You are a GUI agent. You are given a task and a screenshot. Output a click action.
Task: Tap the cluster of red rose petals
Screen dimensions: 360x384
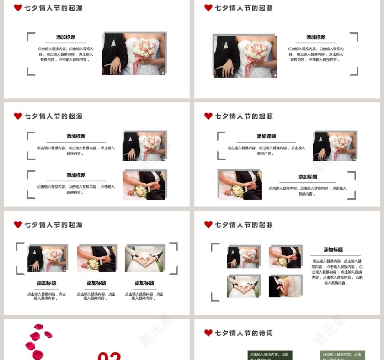tap(37, 340)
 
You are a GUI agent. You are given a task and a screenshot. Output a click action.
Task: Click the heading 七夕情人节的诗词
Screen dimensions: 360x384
tap(243, 333)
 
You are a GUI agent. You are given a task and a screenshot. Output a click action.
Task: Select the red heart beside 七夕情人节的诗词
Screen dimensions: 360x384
tap(208, 333)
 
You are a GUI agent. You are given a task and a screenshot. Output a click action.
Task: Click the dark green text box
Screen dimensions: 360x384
tap(270, 355)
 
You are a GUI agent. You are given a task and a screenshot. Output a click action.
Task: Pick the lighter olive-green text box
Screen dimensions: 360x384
tap(342, 355)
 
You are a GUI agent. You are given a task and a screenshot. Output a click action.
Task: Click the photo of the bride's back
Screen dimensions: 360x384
tap(285, 286)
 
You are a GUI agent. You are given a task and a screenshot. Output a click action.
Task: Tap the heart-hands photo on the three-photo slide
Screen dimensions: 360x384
tap(144, 259)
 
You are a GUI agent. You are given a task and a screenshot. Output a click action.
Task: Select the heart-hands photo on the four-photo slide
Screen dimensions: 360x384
tap(243, 286)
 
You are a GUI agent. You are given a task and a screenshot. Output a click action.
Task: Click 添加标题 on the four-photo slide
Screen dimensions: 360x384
tap(333, 249)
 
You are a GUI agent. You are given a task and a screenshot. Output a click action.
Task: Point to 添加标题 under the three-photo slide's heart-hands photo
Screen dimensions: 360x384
tap(144, 283)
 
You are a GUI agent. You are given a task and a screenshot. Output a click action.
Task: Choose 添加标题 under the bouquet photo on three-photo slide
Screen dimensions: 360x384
tap(47, 283)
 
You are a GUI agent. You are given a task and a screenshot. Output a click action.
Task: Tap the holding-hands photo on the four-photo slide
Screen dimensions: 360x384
tap(284, 257)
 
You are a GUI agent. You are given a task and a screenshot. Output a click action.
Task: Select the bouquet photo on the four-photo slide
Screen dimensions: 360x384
tap(243, 257)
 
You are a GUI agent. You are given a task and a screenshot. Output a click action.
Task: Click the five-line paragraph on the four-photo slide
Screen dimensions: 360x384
tap(337, 272)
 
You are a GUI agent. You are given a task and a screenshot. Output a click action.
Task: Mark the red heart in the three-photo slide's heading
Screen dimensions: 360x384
tap(18, 224)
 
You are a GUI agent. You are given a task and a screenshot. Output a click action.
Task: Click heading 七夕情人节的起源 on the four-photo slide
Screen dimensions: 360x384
tap(243, 225)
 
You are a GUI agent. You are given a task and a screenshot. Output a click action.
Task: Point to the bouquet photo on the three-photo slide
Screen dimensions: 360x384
tap(47, 259)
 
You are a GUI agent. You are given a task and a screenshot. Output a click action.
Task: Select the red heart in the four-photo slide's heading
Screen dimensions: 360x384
tap(208, 224)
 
